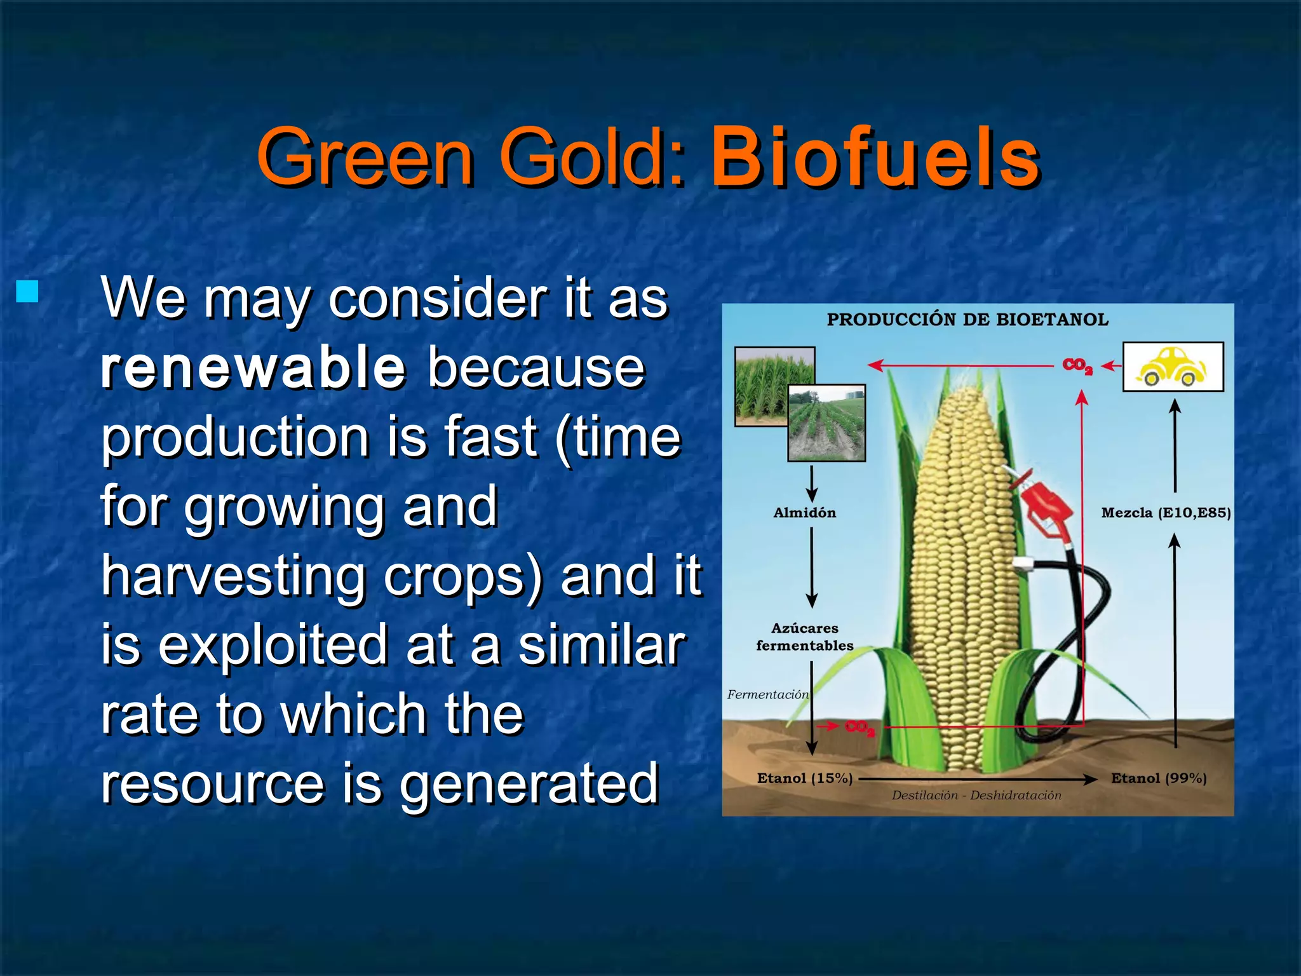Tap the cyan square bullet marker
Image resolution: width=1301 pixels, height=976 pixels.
point(27,291)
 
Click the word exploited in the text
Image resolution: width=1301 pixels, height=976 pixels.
point(273,645)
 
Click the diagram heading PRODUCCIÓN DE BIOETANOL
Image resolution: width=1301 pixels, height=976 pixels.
point(967,320)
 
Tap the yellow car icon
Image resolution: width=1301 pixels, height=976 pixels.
point(1173,367)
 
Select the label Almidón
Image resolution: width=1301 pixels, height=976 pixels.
point(804,513)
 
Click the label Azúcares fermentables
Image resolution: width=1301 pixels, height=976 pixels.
point(804,637)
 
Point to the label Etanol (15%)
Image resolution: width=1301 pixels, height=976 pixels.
point(804,778)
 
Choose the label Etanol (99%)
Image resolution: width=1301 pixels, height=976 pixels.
point(1158,778)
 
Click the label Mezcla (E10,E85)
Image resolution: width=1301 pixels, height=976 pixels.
point(1166,513)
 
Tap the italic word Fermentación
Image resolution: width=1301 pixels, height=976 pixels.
point(767,695)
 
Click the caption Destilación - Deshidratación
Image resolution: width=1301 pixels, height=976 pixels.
point(976,796)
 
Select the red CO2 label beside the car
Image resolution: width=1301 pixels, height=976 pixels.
point(1077,366)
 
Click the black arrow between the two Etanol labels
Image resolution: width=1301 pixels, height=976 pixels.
point(978,779)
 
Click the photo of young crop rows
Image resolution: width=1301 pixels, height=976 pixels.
point(826,423)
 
